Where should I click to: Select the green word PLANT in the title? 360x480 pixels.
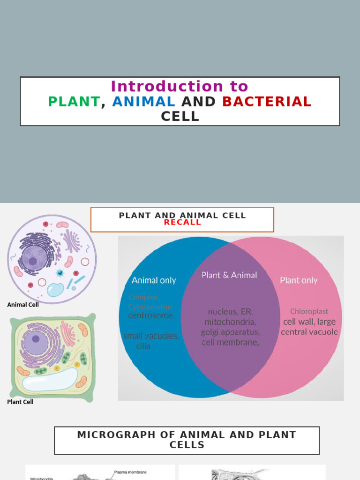[74, 102]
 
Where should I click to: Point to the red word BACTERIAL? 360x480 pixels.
[267, 102]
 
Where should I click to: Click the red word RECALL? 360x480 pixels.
[182, 223]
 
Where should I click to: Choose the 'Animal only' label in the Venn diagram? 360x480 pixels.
[154, 280]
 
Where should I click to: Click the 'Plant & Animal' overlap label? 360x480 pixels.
[229, 275]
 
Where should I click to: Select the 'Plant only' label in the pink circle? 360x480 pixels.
[299, 280]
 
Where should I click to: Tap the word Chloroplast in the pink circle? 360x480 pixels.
[309, 311]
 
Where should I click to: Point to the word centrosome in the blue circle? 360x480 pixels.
[151, 316]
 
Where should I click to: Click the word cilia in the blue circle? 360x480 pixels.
[143, 346]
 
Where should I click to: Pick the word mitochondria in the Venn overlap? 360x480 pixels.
[230, 322]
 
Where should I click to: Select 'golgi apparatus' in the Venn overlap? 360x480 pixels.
[230, 332]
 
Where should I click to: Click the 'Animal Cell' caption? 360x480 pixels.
[23, 305]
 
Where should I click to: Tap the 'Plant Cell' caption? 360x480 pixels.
[20, 402]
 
